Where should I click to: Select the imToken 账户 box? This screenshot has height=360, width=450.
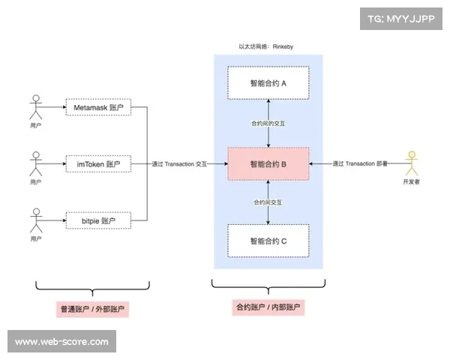pyautogui.click(x=98, y=163)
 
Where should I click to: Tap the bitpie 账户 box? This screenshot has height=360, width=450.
pyautogui.click(x=98, y=220)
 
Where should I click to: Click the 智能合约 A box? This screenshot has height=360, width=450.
pyautogui.click(x=268, y=83)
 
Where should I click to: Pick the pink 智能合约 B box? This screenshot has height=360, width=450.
pyautogui.click(x=268, y=163)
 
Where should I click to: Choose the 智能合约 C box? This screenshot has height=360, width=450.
pyautogui.click(x=268, y=241)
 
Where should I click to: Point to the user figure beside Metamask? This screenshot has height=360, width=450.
pyautogui.click(x=34, y=106)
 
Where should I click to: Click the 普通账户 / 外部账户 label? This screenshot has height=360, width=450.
pyautogui.click(x=92, y=309)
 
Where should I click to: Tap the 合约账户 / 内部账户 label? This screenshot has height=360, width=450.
pyautogui.click(x=268, y=307)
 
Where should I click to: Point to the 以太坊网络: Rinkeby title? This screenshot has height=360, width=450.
pyautogui.click(x=268, y=46)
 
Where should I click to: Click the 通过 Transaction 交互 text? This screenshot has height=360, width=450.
pyautogui.click(x=179, y=163)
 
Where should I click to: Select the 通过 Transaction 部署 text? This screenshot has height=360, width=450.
pyautogui.click(x=361, y=163)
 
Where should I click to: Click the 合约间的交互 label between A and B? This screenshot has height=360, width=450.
pyautogui.click(x=268, y=123)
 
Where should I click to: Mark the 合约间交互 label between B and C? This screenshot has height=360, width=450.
pyautogui.click(x=268, y=202)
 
